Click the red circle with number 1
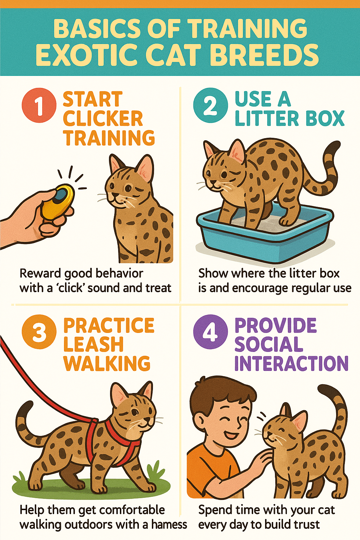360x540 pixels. (39, 105)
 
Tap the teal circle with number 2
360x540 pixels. (211, 105)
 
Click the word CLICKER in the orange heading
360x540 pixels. (103, 118)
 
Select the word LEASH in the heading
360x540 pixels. (94, 344)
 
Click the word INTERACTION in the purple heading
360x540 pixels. (291, 363)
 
